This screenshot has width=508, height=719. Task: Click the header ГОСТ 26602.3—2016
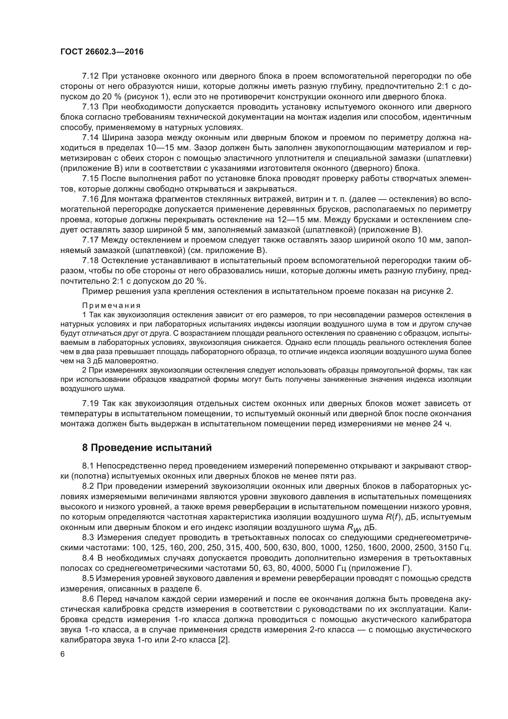click(x=102, y=52)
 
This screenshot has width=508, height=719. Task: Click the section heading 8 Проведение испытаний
click(x=147, y=448)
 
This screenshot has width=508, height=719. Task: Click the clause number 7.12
click(x=90, y=76)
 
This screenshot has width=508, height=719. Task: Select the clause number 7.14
click(x=90, y=137)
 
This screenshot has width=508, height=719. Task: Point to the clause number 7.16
click(x=90, y=199)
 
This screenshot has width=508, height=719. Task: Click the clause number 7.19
click(x=90, y=403)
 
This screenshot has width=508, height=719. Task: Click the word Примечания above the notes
click(x=111, y=305)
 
